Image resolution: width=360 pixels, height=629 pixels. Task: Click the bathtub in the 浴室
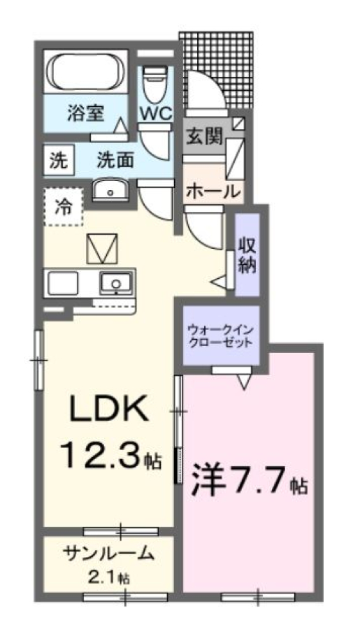(x=85, y=71)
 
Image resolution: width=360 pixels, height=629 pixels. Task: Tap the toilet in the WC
(x=154, y=85)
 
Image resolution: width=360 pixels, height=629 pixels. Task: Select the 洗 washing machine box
(x=59, y=161)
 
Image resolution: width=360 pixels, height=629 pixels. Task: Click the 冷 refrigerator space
(x=64, y=207)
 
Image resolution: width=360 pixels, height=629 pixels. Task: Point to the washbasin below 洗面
(x=110, y=189)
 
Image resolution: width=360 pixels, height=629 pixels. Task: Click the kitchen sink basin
(x=116, y=283)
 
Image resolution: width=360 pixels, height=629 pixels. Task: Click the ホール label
(x=213, y=191)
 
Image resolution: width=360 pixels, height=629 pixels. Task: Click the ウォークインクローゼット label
(x=221, y=336)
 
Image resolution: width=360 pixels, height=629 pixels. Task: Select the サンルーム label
(x=109, y=554)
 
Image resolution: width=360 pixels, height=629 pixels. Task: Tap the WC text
(x=156, y=113)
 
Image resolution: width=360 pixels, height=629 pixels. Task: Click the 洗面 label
(x=115, y=161)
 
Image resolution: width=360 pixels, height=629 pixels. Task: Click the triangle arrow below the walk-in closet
(x=244, y=382)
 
